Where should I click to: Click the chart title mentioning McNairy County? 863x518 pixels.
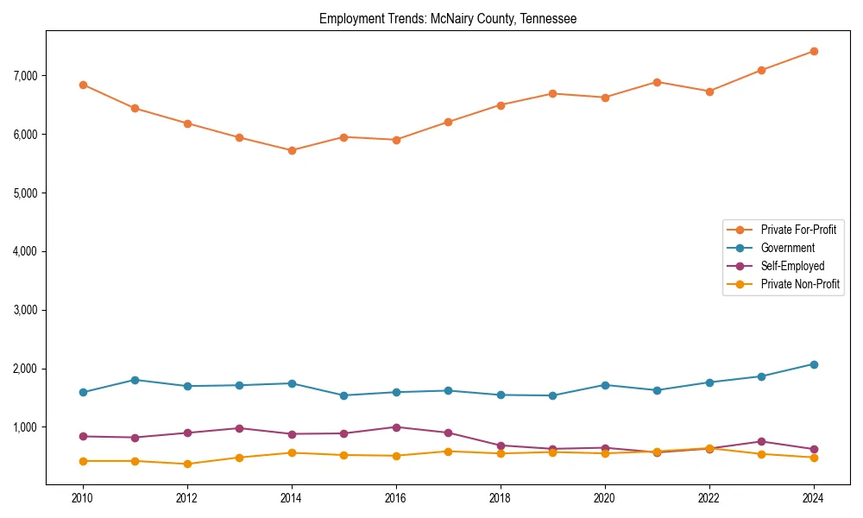click(447, 18)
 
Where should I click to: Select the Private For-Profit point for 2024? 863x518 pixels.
click(813, 51)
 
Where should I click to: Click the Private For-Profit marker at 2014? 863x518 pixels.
click(292, 150)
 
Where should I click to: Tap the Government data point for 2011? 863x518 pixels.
click(135, 380)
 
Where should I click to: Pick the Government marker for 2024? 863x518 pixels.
click(813, 364)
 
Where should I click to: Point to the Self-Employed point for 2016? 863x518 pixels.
click(396, 427)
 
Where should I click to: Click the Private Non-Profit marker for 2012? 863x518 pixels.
click(187, 464)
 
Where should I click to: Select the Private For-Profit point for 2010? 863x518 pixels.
click(83, 85)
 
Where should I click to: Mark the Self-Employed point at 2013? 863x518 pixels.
click(240, 428)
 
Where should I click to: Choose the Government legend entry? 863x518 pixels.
click(787, 248)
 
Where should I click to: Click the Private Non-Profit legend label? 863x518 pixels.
click(800, 284)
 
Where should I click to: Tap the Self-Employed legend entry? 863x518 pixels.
click(792, 266)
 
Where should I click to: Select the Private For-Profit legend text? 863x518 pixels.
click(798, 230)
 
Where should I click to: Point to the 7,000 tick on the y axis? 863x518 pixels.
click(25, 76)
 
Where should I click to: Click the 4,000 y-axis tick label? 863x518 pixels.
click(25, 251)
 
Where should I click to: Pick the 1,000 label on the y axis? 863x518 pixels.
click(25, 427)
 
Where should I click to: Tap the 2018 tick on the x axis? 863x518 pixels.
click(501, 498)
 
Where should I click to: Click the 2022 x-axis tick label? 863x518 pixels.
click(709, 498)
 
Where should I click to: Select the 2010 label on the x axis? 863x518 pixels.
click(83, 498)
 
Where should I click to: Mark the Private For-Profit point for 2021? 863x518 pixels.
click(657, 82)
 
